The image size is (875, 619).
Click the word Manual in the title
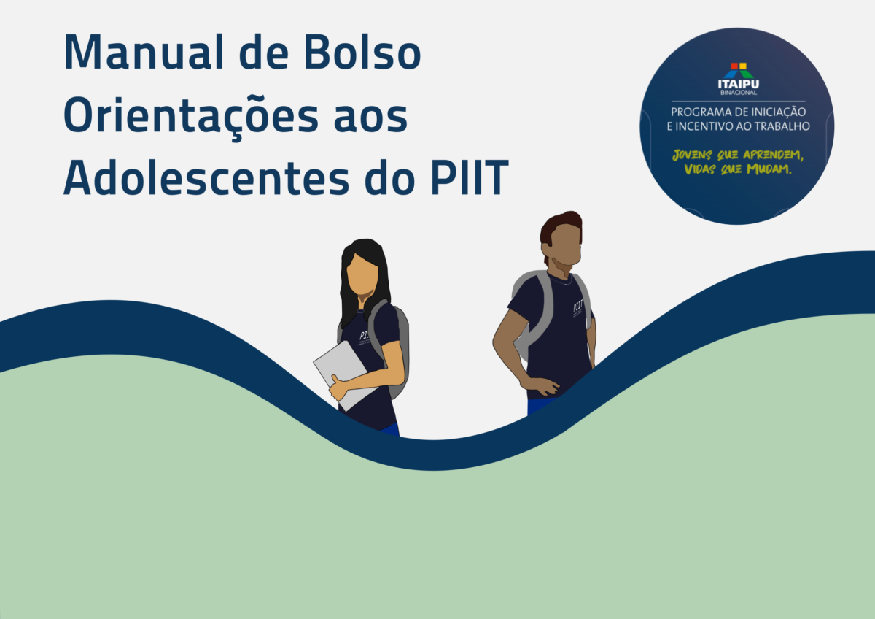click(x=144, y=52)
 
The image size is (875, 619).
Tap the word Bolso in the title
click(x=362, y=52)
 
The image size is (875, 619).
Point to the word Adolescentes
click(x=206, y=177)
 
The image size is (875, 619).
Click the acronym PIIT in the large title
click(x=470, y=177)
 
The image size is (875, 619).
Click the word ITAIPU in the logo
click(x=738, y=84)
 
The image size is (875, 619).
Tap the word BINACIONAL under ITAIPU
click(x=739, y=93)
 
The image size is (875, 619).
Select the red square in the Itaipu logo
click(x=734, y=66)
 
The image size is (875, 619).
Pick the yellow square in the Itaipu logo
click(x=743, y=66)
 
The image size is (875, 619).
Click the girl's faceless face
click(x=362, y=274)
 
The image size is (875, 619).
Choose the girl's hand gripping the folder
click(x=338, y=388)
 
